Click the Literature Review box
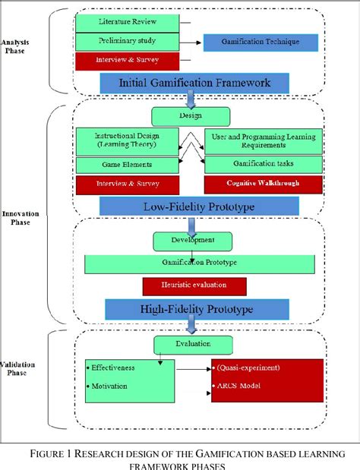127,21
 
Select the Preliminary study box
127,40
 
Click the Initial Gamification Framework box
195,82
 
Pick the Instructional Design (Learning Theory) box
127,140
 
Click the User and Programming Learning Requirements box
263,140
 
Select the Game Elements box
127,164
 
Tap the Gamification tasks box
263,164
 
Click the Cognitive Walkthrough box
263,184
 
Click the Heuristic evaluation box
194,286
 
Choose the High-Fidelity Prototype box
195,308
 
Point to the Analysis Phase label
16,47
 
